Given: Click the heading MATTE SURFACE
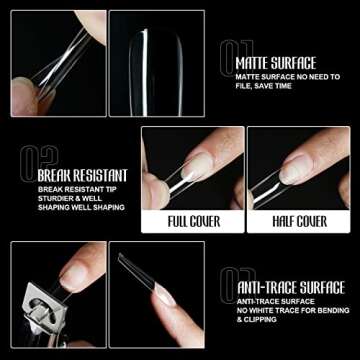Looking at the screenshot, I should pyautogui.click(x=275, y=62).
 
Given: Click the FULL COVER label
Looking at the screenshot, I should pyautogui.click(x=192, y=221).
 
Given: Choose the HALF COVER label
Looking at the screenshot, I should pyautogui.click(x=298, y=221).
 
